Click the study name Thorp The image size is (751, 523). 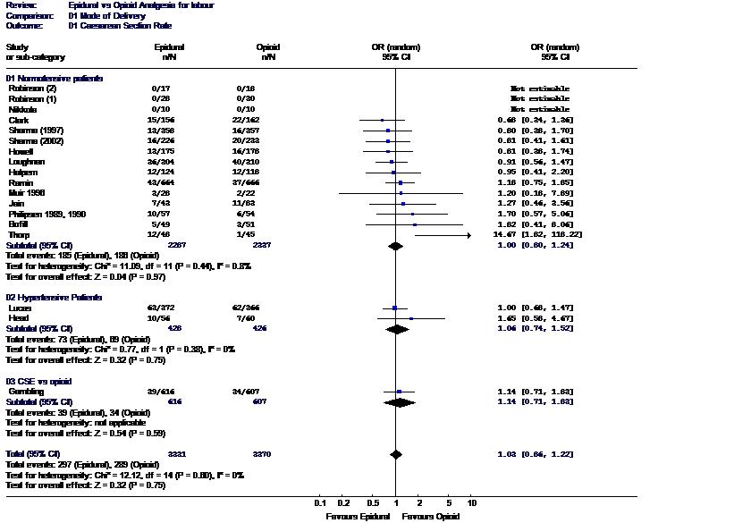click(20, 235)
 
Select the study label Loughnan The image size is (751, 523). click(27, 162)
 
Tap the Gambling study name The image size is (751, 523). click(27, 392)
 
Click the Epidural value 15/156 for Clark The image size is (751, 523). click(162, 120)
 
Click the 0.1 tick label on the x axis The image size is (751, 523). click(320, 502)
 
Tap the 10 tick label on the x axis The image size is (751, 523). click(472, 502)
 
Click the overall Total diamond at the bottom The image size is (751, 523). click(396, 454)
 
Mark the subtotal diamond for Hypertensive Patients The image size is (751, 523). click(397, 329)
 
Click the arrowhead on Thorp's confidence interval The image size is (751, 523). click(468, 235)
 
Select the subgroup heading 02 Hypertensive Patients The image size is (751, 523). click(54, 297)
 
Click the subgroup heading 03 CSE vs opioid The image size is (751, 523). click(41, 381)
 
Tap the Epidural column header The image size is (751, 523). click(169, 46)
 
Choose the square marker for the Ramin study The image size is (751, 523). click(401, 182)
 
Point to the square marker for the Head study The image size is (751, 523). click(411, 318)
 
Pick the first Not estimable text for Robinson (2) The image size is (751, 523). click(540, 89)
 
